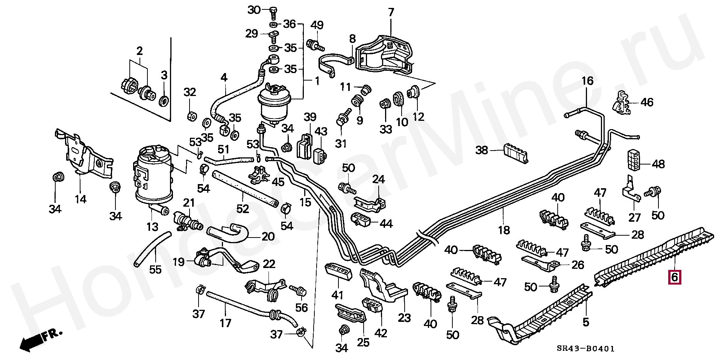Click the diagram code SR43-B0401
tap(585, 349)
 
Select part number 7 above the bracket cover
tap(391, 12)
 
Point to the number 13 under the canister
tap(152, 227)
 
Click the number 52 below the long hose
tap(243, 208)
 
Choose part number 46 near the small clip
tap(647, 102)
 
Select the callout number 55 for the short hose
tap(155, 269)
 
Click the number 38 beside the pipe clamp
tap(482, 150)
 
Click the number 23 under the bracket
tap(404, 318)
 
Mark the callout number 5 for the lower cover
tap(586, 322)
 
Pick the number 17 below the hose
tap(226, 323)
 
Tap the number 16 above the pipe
tap(587, 81)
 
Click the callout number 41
tap(338, 296)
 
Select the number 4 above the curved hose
tap(224, 78)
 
